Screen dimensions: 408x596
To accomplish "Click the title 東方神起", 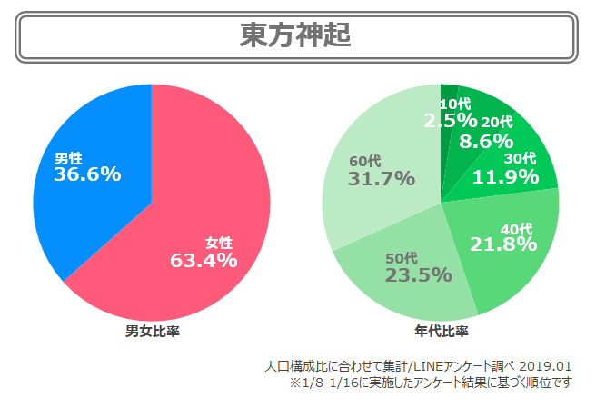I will pyautogui.click(x=296, y=36).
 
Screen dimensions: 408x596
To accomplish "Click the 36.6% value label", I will pyautogui.click(x=87, y=174).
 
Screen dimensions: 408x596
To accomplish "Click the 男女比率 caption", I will pyautogui.click(x=152, y=331).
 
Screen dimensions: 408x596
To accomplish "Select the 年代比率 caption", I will pyautogui.click(x=441, y=331).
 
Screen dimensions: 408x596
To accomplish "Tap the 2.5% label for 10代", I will pyautogui.click(x=450, y=120).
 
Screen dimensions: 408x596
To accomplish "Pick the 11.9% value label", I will pyautogui.click(x=506, y=176).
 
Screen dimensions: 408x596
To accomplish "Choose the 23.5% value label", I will pyautogui.click(x=418, y=274).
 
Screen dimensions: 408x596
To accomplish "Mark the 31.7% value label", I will pyautogui.click(x=381, y=179).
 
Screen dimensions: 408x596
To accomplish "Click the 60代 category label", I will pyautogui.click(x=365, y=161).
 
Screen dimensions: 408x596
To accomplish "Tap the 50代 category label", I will pyautogui.click(x=401, y=257).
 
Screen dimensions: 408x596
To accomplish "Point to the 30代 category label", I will pyautogui.click(x=520, y=159).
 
